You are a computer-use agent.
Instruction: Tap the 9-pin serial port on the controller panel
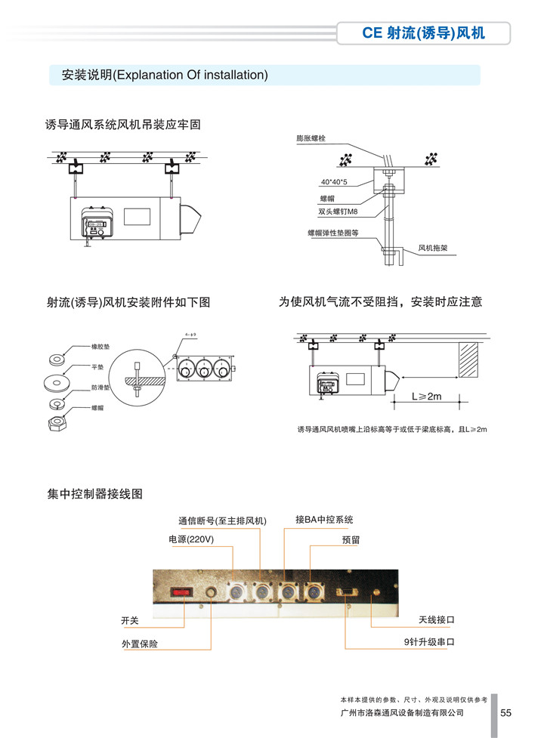347,591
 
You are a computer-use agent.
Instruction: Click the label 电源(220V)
191,539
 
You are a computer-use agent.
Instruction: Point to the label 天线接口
437,619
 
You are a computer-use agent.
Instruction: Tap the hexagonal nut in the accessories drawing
57,423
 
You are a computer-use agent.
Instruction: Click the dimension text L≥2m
426,396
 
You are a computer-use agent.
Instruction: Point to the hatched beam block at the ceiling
468,360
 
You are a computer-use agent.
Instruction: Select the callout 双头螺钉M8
337,212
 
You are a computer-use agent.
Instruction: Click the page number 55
506,712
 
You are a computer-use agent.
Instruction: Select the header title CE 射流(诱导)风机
423,33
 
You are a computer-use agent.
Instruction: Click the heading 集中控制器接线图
94,494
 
